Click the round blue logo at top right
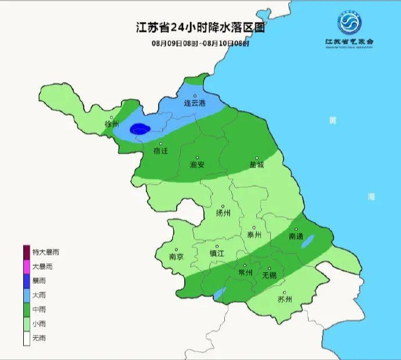350,24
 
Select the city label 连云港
195,104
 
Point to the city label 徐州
112,124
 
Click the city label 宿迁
160,151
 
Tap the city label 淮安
197,165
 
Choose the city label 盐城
256,165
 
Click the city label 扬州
223,213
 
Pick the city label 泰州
254,235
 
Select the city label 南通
296,237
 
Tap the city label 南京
176,256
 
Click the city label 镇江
217,254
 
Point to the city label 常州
246,273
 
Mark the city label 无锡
269,275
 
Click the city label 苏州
285,300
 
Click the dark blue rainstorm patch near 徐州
139,129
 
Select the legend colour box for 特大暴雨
27,252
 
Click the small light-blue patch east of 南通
308,241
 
